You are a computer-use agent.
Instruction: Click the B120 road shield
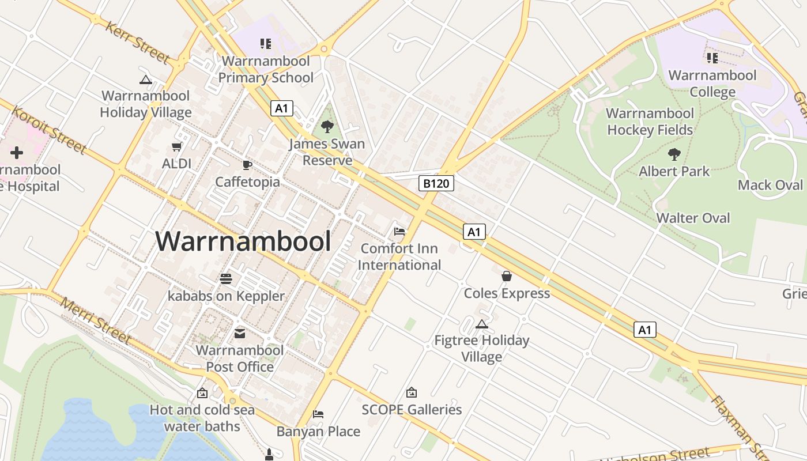click(x=436, y=183)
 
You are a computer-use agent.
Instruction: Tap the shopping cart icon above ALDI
click(x=177, y=147)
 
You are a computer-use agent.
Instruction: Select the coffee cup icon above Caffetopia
click(x=247, y=165)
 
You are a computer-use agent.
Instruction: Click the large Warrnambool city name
click(x=243, y=241)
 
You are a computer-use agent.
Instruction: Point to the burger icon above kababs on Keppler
click(x=226, y=279)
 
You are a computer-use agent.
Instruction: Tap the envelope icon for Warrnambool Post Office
click(x=240, y=334)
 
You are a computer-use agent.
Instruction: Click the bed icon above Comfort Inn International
click(x=399, y=232)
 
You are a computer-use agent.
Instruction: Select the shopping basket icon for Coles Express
click(x=507, y=276)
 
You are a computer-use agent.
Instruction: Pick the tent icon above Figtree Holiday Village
click(x=482, y=324)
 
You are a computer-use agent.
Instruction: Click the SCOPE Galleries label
click(x=412, y=410)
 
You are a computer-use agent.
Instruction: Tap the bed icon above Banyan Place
click(x=318, y=414)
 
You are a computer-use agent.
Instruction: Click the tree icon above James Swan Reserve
click(x=327, y=126)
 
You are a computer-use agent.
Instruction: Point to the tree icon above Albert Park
click(x=674, y=154)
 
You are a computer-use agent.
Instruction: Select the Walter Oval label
click(x=693, y=218)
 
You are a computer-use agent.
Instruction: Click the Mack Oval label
click(x=770, y=185)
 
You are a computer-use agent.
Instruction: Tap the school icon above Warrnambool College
click(x=712, y=58)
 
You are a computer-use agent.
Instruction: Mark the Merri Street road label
click(x=95, y=320)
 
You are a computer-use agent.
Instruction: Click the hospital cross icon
click(x=17, y=153)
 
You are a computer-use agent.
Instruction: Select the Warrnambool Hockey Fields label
click(x=650, y=122)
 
